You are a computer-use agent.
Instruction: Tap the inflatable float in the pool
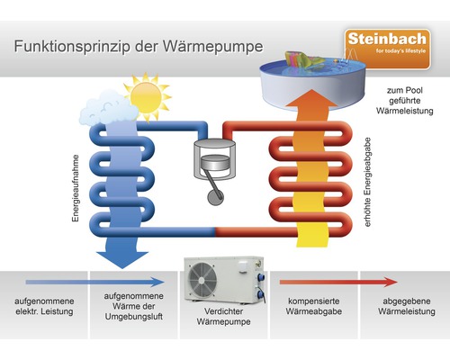pyautogui.click(x=314, y=62)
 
